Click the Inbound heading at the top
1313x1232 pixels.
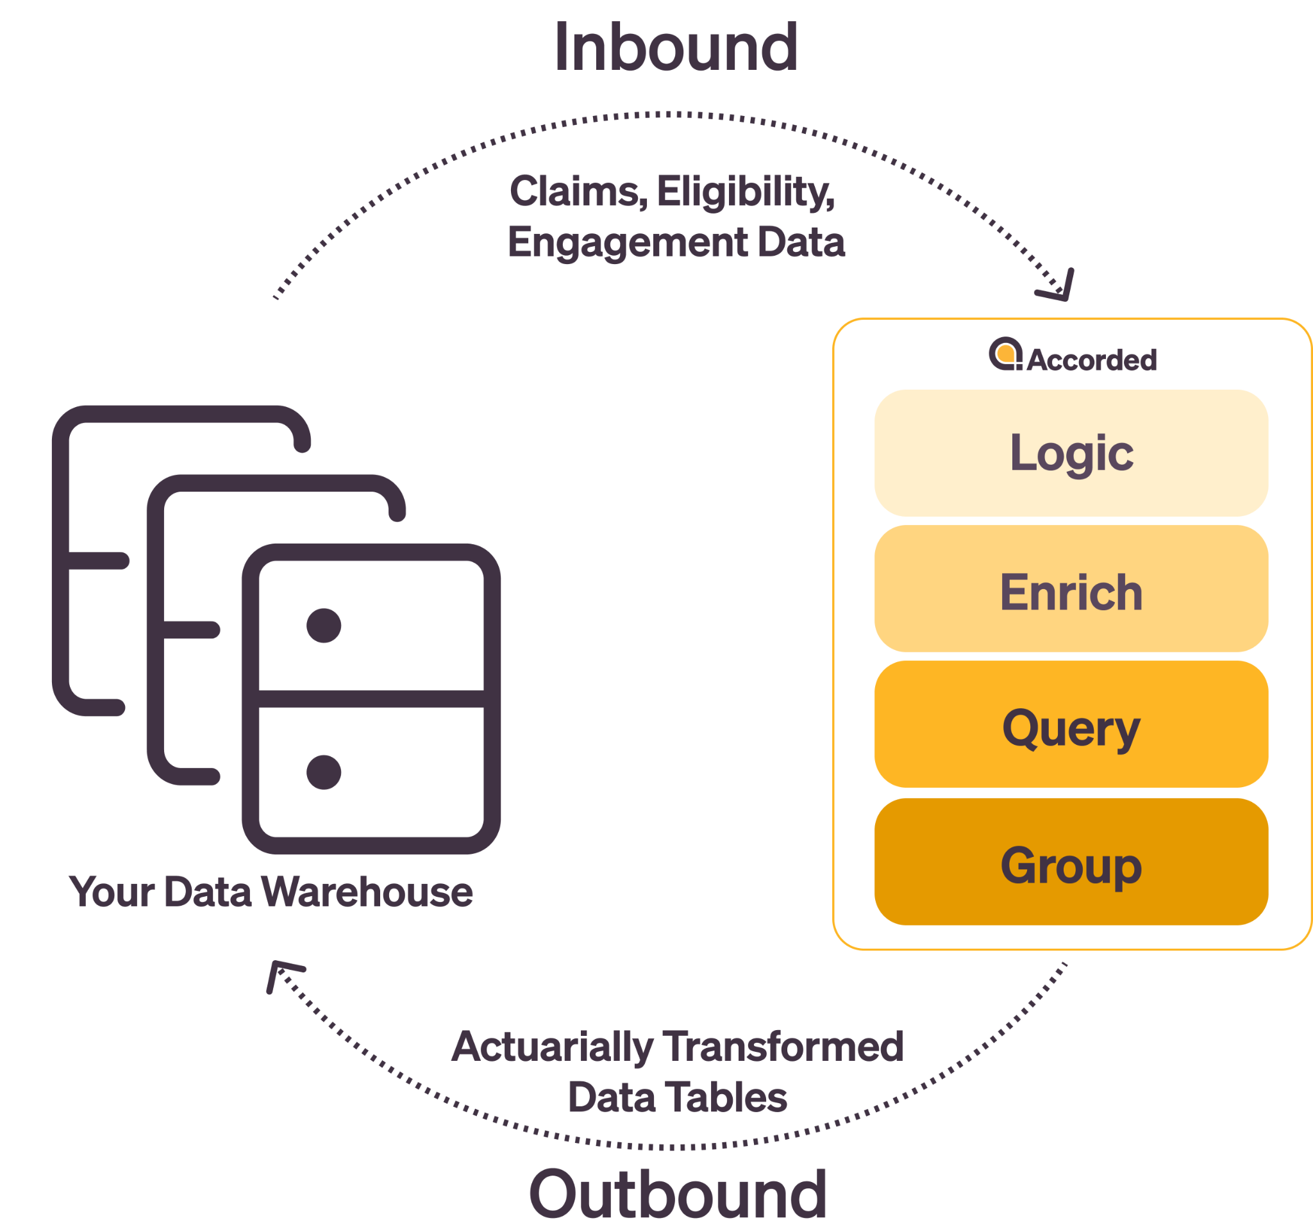pos(676,47)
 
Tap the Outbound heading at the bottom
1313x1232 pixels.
pos(678,1194)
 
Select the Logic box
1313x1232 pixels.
pos(1071,453)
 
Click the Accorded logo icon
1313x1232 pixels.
pos(1005,354)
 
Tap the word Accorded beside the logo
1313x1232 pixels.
pos(1091,360)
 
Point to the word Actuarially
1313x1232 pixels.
pos(553,1047)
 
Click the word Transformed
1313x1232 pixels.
pos(783,1047)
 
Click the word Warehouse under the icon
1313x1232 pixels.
pos(367,892)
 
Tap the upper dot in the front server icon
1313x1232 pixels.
pos(324,625)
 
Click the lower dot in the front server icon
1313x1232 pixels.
pos(324,772)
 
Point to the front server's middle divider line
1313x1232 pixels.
pos(371,699)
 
